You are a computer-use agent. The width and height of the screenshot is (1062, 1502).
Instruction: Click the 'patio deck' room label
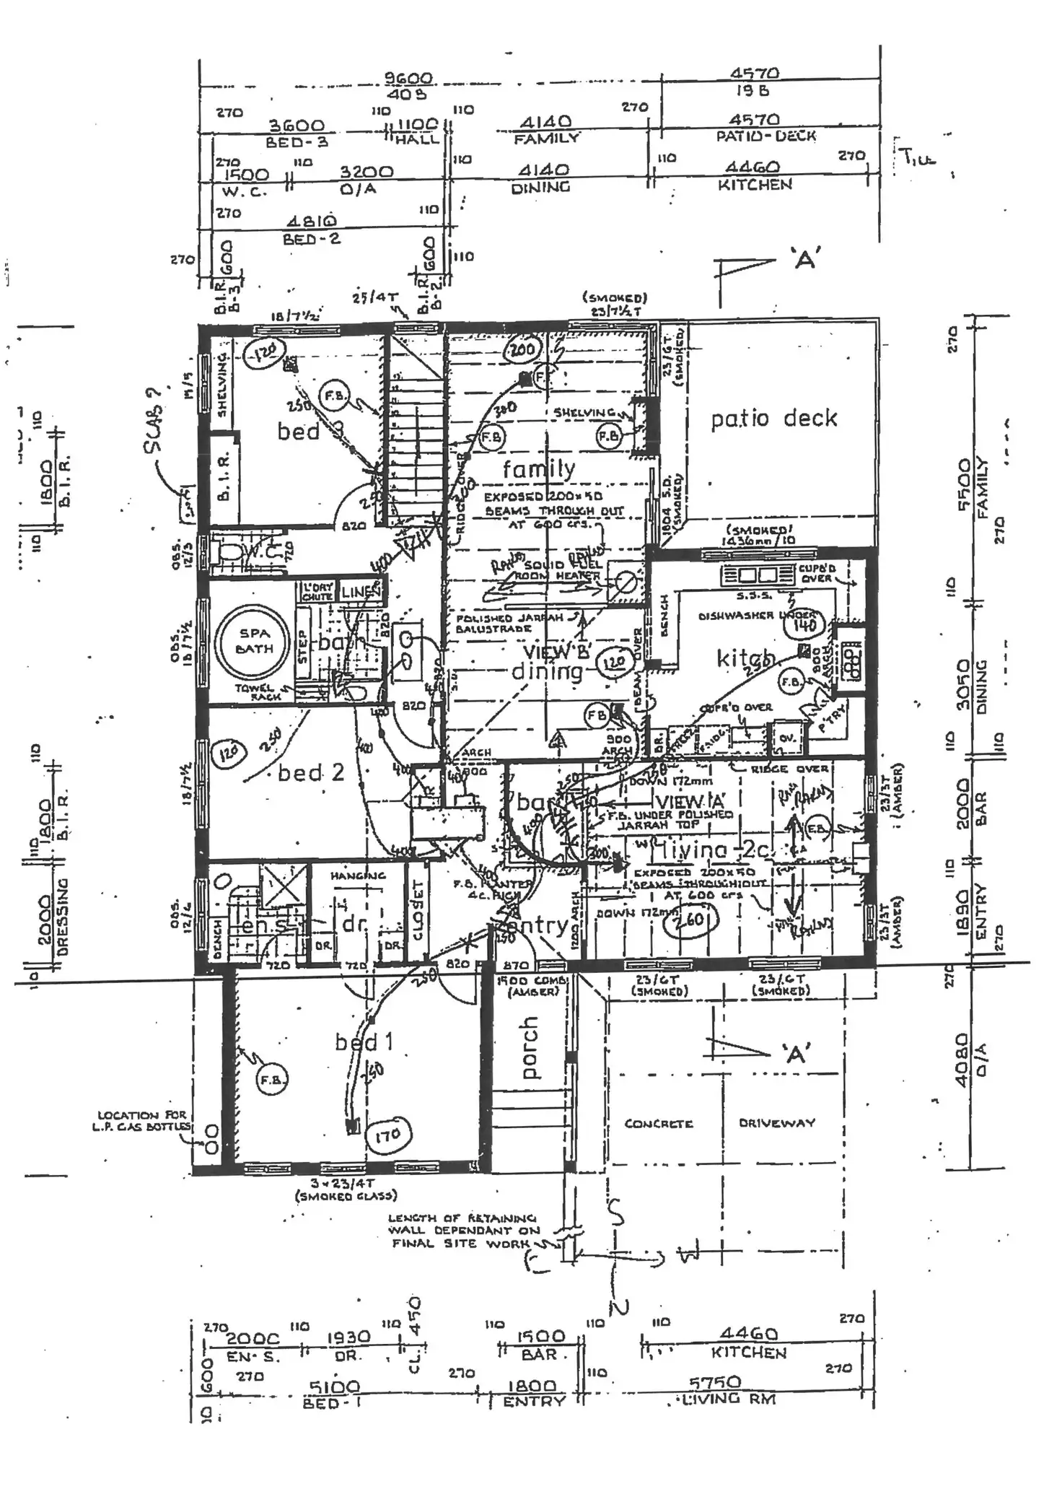(x=773, y=419)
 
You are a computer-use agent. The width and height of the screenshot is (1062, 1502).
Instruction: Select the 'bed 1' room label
(x=364, y=1042)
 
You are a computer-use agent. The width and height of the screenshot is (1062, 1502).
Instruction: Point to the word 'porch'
(x=530, y=1047)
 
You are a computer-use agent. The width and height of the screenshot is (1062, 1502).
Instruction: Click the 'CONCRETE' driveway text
(x=658, y=1124)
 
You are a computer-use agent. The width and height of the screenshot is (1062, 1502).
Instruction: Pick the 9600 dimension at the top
(x=408, y=78)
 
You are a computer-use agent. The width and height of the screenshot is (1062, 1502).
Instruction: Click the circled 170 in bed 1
(x=387, y=1135)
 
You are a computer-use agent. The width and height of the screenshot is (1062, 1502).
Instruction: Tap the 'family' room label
(x=539, y=470)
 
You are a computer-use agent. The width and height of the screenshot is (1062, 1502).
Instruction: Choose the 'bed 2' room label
(x=311, y=773)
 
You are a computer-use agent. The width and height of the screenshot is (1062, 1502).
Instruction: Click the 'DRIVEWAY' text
(x=776, y=1123)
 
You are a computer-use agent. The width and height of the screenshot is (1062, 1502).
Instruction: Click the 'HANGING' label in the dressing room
(x=358, y=876)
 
